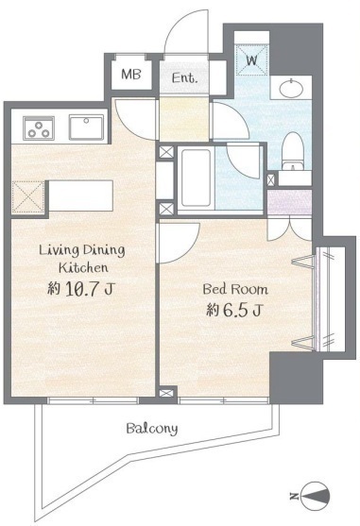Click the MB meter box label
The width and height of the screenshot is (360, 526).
click(131, 75)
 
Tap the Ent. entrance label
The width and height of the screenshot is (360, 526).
click(184, 77)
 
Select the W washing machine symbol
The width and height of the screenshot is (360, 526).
click(252, 60)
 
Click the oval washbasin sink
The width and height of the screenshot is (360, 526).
click(291, 88)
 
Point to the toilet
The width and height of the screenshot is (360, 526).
click(293, 151)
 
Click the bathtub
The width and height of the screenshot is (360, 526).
click(196, 178)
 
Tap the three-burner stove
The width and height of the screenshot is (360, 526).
click(39, 127)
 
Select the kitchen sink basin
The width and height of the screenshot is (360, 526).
click(86, 127)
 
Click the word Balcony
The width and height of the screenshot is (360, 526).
click(152, 429)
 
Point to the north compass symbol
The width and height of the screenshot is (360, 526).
click(315, 496)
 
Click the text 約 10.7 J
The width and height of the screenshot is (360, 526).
click(80, 288)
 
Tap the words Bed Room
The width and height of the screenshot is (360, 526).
click(235, 289)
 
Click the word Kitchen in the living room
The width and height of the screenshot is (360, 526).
click(83, 267)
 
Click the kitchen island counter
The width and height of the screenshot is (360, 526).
click(80, 195)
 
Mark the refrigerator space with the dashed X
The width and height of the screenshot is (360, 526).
click(28, 197)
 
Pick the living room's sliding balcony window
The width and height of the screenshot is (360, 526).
click(93, 400)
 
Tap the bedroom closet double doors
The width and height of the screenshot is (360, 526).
click(289, 229)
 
